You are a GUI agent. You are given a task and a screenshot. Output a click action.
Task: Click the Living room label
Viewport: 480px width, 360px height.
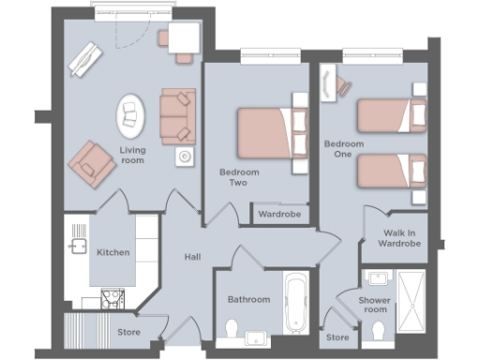point(131,155)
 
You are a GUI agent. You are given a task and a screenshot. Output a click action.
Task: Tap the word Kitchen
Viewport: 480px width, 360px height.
point(112,252)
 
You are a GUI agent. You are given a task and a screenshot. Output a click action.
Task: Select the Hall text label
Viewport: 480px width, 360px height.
point(192,256)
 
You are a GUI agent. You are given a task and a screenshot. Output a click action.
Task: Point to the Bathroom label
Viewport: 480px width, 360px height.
point(248,300)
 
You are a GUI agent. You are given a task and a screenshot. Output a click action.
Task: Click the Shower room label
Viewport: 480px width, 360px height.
point(348,305)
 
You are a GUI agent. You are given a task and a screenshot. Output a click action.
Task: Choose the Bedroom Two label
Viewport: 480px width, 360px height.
point(239,178)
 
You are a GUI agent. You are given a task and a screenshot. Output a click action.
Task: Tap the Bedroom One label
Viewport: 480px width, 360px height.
point(337,150)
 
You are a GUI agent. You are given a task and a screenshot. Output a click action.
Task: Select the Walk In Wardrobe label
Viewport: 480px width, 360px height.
point(398,238)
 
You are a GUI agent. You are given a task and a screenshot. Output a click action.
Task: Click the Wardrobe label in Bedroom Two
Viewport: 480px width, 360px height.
point(278,215)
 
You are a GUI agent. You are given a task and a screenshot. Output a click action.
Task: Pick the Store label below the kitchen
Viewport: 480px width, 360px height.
point(128,331)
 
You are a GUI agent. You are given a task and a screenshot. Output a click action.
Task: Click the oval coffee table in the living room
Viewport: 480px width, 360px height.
point(131,117)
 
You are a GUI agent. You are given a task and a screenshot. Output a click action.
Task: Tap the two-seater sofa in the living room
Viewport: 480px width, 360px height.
point(177,115)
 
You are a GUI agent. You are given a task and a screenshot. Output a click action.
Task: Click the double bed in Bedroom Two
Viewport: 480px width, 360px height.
point(270,132)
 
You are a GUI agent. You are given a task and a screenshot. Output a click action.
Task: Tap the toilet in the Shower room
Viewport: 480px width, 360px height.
point(378,331)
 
